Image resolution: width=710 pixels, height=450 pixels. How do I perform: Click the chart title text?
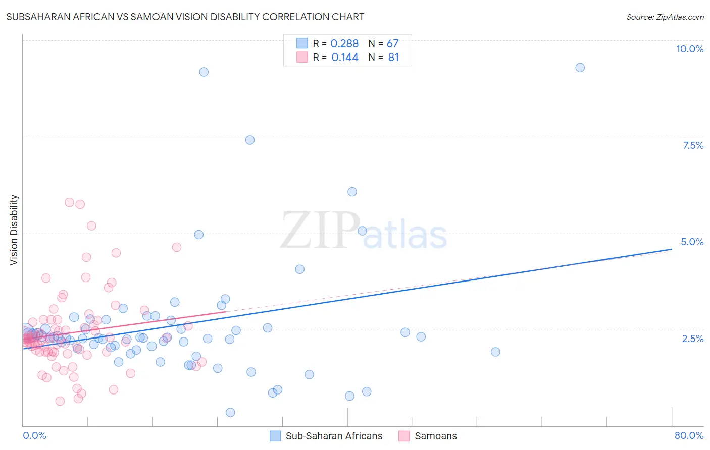(185, 17)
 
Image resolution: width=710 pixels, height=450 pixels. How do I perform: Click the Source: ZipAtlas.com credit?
(665, 17)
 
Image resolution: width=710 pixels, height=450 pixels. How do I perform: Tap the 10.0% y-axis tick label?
(689, 49)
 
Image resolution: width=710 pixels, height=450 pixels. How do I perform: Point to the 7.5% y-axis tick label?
(693, 145)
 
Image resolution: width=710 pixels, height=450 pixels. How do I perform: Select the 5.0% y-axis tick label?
(692, 242)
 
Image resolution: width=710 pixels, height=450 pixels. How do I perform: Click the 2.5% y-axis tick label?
(692, 339)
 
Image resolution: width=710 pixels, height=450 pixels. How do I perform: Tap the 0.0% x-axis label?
(34, 435)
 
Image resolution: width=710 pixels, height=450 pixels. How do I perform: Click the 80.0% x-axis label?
(689, 435)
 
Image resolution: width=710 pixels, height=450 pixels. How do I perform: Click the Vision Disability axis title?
(14, 230)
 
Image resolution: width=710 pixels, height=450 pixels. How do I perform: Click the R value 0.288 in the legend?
(344, 44)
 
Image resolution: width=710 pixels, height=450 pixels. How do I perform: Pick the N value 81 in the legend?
(393, 58)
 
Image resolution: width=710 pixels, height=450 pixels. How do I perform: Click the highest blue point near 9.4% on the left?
(204, 72)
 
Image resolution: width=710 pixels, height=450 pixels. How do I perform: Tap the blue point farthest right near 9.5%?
(580, 68)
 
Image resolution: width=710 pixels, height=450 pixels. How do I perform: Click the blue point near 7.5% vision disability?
(250, 140)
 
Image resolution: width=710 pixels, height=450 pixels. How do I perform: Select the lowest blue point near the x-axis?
(230, 412)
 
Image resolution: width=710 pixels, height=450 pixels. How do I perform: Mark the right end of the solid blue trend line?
(672, 249)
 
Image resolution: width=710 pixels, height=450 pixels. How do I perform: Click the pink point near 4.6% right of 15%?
(176, 247)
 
